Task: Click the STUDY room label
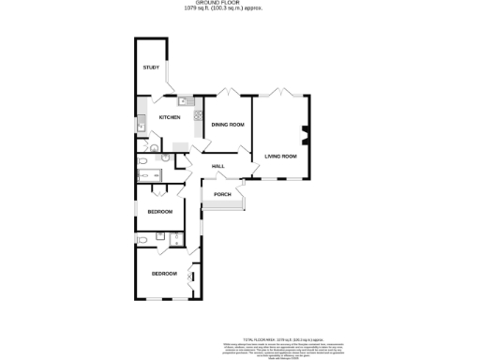click(151, 68)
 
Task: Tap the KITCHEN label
click(169, 117)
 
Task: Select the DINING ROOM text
click(228, 125)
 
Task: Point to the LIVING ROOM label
click(280, 156)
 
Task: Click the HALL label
click(217, 166)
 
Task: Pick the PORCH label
click(222, 194)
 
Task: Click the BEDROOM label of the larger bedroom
click(165, 273)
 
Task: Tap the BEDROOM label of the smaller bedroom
click(159, 212)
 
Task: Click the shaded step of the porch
click(222, 210)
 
